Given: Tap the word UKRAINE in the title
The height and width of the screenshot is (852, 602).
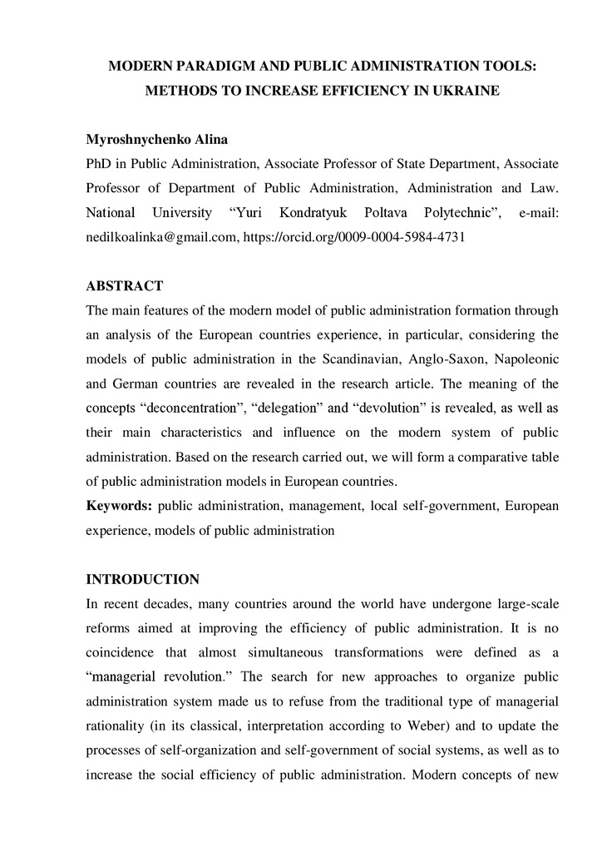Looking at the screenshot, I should click(464, 91).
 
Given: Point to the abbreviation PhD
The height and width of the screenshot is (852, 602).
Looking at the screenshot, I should click(99, 164).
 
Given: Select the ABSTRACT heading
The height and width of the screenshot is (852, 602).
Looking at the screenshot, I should click(125, 286).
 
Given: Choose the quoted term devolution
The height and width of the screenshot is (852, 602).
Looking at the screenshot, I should click(392, 409).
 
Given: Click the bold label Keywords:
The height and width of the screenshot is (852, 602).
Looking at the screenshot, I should click(119, 506).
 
